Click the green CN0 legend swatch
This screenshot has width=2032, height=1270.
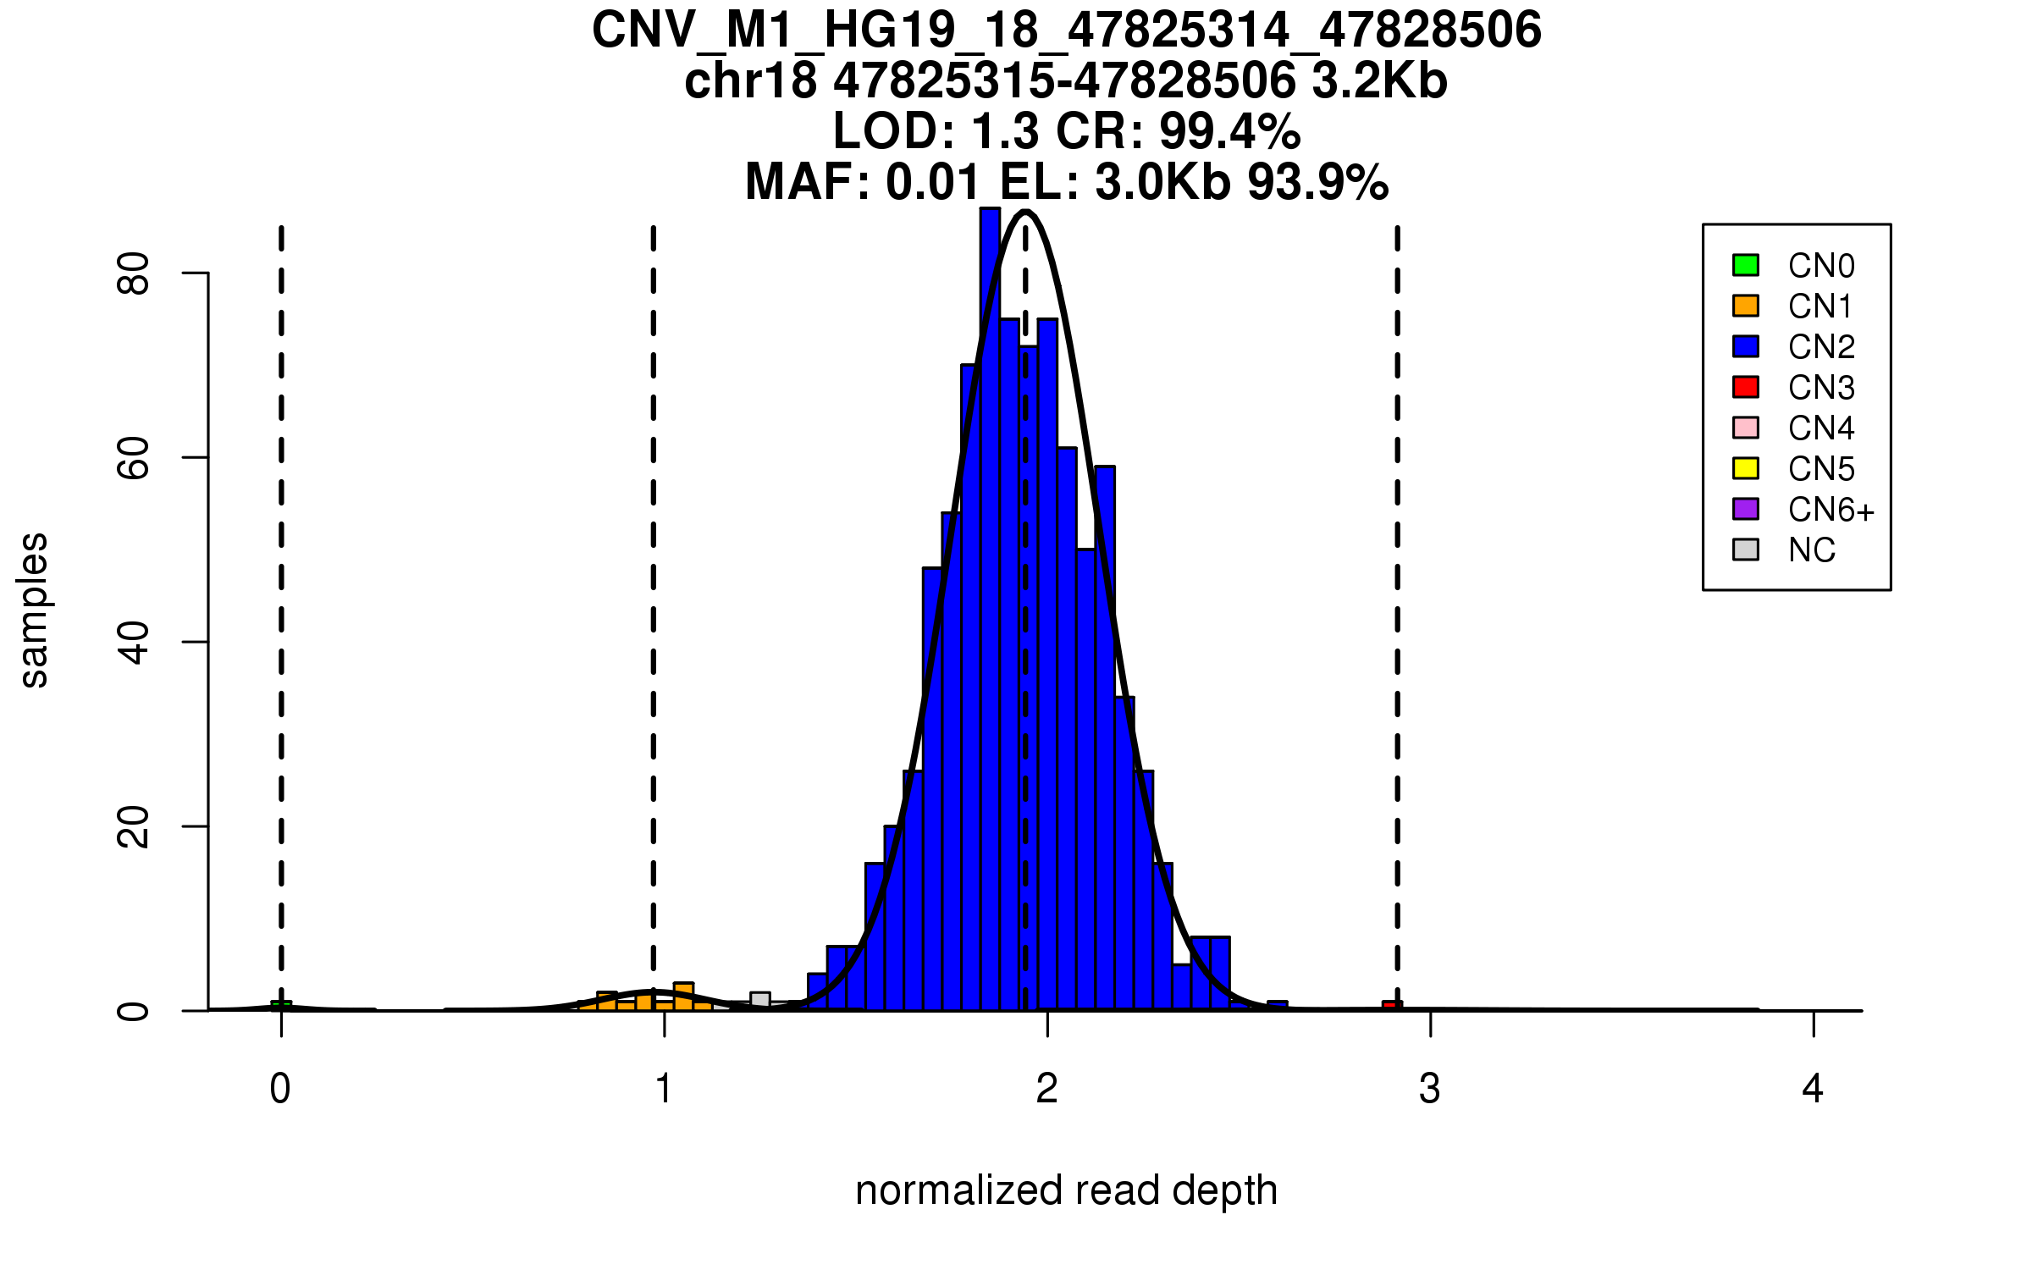tap(1745, 265)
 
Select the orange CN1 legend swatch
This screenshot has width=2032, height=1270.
tap(1745, 306)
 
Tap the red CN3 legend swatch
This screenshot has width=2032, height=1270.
tap(1745, 387)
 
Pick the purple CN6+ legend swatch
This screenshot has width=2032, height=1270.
tap(1745, 509)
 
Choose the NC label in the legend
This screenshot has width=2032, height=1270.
tap(1811, 550)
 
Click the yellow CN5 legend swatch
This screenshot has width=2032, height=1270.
tap(1745, 468)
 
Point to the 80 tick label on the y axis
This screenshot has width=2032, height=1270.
tap(134, 273)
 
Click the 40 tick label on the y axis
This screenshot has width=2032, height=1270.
tap(134, 642)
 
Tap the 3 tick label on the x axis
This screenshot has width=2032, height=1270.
tap(1430, 1089)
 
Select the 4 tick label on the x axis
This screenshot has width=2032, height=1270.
tap(1813, 1089)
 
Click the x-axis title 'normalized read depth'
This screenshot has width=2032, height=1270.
tap(1066, 1190)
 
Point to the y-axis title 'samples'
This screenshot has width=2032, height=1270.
tap(34, 610)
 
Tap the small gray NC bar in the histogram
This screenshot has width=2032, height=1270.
tap(759, 1001)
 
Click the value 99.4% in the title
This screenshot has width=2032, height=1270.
tap(1229, 131)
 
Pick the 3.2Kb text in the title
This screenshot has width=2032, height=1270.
tap(1379, 81)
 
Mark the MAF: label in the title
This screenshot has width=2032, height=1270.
tap(807, 182)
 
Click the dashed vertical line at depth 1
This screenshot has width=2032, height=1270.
tap(654, 593)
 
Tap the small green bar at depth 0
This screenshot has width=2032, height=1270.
tap(281, 1006)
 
